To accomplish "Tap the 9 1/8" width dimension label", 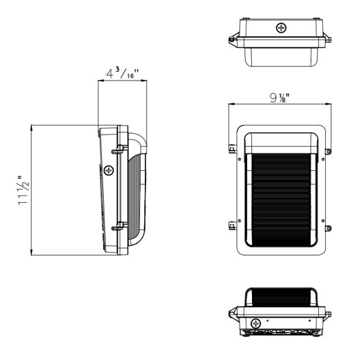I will coord(280,97).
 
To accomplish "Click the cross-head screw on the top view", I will coord(281,28).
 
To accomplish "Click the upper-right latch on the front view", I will coord(328,152).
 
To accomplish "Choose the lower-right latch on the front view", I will coord(328,227).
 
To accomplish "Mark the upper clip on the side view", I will coord(117,148).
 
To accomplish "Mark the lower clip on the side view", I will coord(117,224).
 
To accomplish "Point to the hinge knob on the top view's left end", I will coord(232,40).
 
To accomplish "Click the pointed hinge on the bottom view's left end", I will coord(232,314).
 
